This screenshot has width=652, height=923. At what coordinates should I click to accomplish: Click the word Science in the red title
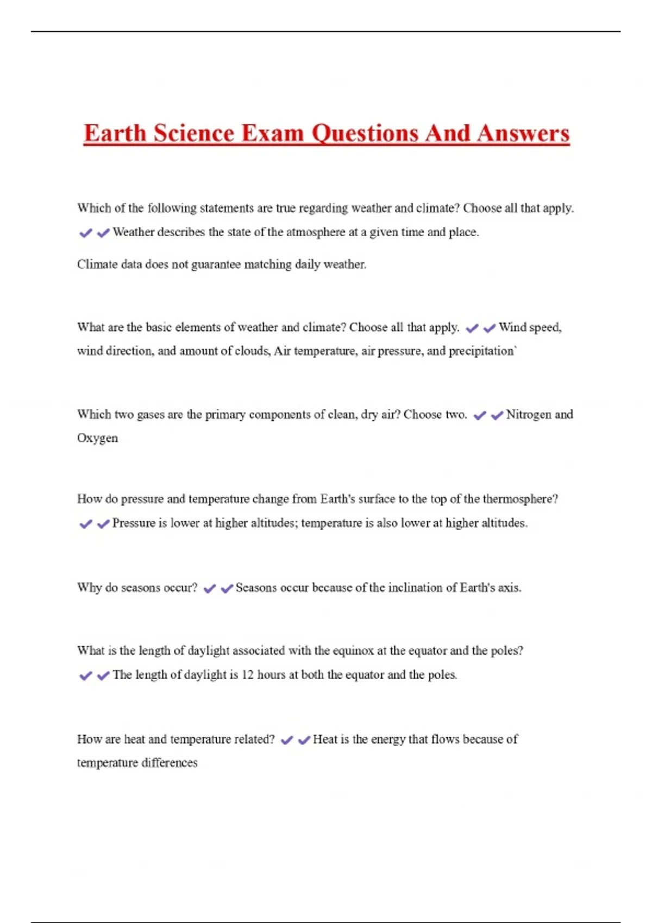[193, 134]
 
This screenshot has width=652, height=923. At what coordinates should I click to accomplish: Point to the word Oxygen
[97, 438]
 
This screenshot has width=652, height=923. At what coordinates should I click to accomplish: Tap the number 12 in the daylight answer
[247, 675]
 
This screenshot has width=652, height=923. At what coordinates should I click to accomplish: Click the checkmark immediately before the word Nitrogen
[497, 415]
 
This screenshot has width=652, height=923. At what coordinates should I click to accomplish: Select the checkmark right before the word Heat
[304, 740]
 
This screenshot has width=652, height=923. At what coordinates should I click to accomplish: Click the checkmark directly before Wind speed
[490, 328]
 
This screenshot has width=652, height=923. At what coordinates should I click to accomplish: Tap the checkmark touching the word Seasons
[227, 589]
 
